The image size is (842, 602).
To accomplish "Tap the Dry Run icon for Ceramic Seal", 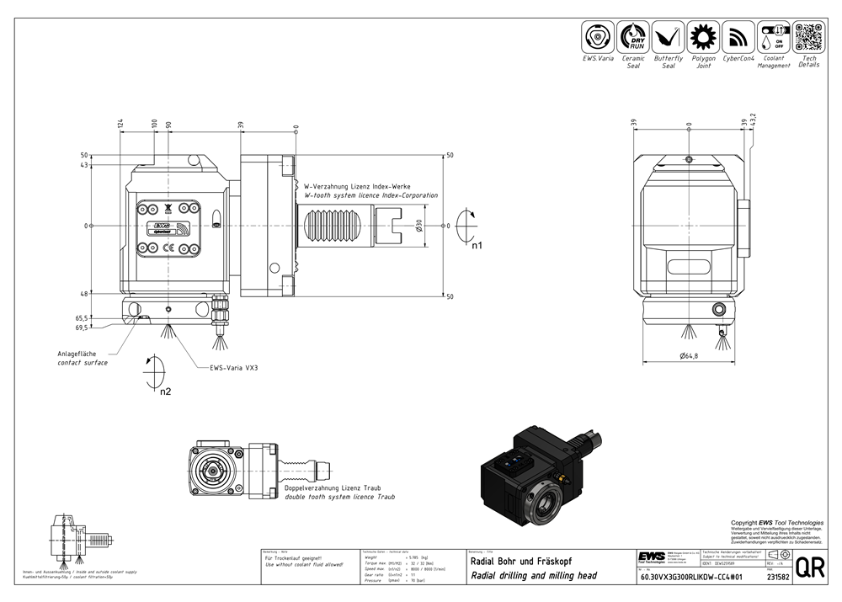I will [x=633, y=37].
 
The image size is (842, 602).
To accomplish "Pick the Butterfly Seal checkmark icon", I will [x=668, y=37].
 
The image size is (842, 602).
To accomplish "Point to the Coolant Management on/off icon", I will [x=773, y=37].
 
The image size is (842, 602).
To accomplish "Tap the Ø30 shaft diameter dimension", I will [x=419, y=226].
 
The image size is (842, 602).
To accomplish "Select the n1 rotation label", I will [x=477, y=247].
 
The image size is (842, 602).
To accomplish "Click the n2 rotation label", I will [x=166, y=391].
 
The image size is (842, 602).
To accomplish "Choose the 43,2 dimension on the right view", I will [x=754, y=120].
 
